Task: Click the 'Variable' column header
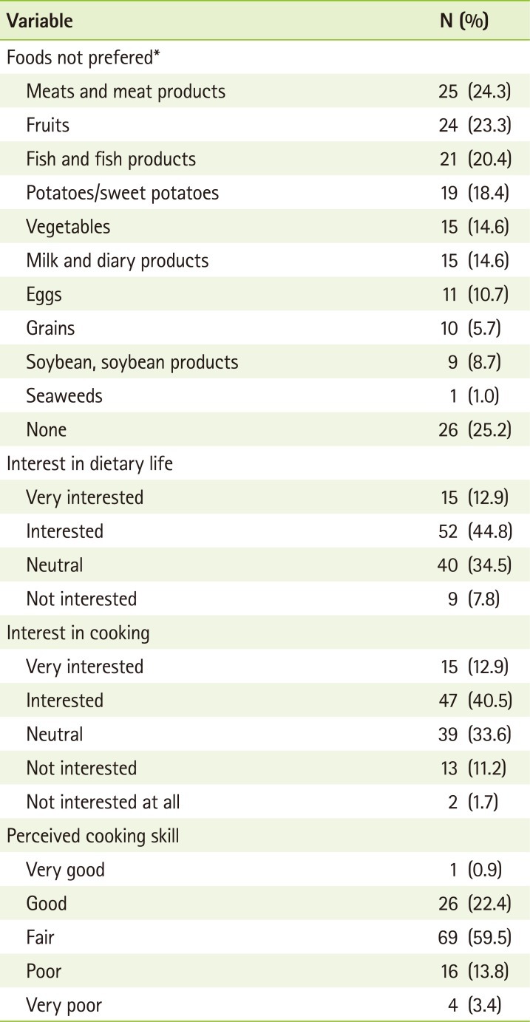(40, 21)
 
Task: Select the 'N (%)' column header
(464, 21)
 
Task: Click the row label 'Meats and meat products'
(126, 91)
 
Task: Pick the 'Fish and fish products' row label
(111, 159)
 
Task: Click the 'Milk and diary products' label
(118, 260)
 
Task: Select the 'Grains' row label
(50, 328)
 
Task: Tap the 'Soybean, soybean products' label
(132, 362)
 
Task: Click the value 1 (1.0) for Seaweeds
(479, 396)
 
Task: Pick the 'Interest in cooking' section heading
(78, 633)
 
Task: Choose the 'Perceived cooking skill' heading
(89, 836)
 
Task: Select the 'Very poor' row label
(64, 1005)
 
